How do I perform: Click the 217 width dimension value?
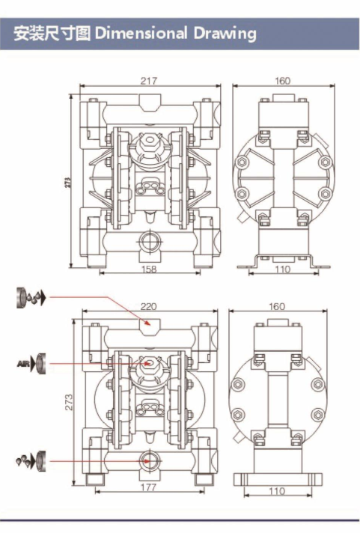coord(149,81)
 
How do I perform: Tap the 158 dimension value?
coord(148,269)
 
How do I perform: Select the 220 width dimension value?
coord(148,306)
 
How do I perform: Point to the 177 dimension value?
coord(148,487)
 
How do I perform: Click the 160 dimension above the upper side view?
coord(282,81)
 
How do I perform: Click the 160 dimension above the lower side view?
coord(277,306)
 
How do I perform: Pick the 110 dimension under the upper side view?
coord(282,269)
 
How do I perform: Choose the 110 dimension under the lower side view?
coord(277,491)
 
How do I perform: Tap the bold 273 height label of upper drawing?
coord(67,183)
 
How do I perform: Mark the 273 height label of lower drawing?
coord(69,402)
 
